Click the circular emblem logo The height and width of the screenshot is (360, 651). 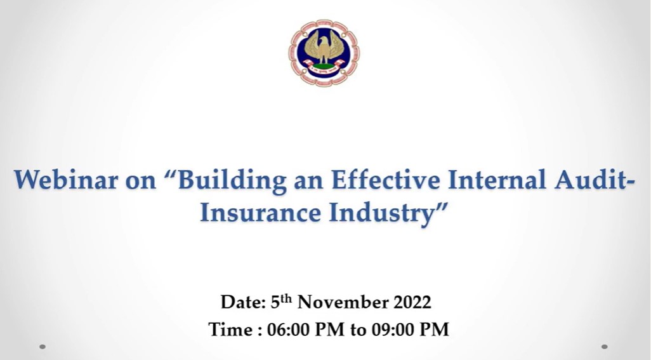click(x=324, y=53)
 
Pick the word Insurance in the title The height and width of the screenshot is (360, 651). click(x=260, y=212)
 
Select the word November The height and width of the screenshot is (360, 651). click(x=343, y=302)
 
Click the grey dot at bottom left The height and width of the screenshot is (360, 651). click(x=43, y=346)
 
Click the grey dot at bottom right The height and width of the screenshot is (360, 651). click(x=605, y=346)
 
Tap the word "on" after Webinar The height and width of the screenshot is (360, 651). click(x=141, y=182)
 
